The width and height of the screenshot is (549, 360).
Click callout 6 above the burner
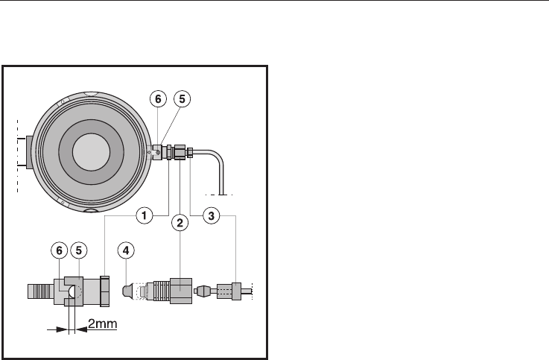[158, 99]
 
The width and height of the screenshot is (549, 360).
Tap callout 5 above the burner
[182, 99]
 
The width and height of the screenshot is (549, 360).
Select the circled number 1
[145, 215]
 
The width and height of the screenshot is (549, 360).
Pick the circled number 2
[180, 223]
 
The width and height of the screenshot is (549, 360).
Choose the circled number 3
[211, 215]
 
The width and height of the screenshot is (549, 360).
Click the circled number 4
[126, 250]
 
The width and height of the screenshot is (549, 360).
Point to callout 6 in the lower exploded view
[59, 250]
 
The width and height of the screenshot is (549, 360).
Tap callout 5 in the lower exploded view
[79, 250]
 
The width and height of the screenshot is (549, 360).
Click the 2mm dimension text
[102, 323]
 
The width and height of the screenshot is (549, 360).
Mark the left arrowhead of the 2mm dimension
[62, 329]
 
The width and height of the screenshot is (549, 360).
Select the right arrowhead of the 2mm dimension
[81, 329]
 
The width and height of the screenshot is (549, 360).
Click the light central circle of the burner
[92, 151]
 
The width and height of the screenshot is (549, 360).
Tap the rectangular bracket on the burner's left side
[29, 152]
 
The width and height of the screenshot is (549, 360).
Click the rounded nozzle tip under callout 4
[128, 291]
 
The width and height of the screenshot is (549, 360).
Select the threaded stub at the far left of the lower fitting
[41, 291]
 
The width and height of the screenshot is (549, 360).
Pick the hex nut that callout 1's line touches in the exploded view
[105, 291]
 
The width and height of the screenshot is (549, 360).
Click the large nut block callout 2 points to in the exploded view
[181, 291]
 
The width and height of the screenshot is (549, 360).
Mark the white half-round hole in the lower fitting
[71, 291]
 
